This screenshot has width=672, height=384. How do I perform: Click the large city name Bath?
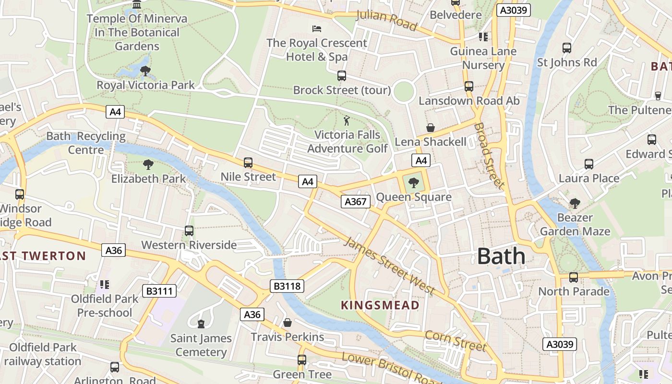[501, 256]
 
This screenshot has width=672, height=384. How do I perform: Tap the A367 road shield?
[356, 202]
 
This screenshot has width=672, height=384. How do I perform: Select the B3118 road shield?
[287, 287]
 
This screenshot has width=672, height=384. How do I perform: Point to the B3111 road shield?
[159, 291]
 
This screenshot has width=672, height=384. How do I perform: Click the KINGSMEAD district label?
[380, 305]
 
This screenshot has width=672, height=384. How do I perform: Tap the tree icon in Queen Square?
[413, 182]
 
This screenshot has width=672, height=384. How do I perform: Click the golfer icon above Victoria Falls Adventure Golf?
[347, 120]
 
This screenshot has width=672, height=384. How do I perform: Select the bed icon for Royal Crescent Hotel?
[316, 29]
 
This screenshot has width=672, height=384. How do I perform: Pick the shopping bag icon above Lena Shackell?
[431, 128]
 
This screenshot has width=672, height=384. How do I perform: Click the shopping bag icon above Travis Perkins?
[287, 323]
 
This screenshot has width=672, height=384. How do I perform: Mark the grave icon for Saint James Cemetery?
[201, 324]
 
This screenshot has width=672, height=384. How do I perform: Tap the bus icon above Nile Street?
[248, 163]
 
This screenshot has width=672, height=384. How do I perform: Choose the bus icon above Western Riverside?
[189, 231]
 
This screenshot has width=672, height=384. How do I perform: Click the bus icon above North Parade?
[574, 277]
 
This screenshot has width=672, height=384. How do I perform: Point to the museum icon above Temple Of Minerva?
[137, 5]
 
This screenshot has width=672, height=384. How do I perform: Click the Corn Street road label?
[456, 341]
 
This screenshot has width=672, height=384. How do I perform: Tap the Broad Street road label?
[489, 156]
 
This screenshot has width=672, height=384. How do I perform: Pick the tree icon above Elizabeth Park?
[148, 165]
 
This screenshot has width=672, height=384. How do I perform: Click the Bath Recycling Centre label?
[86, 143]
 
